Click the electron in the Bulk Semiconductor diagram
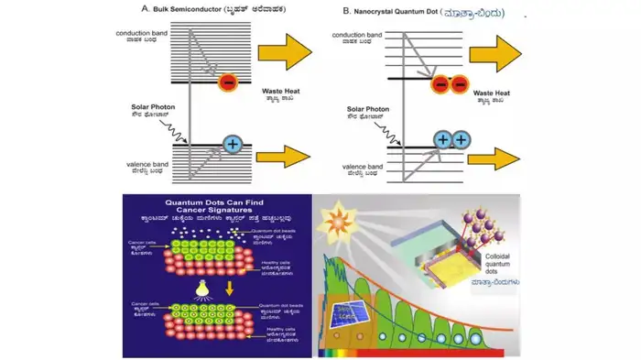[x=226, y=83]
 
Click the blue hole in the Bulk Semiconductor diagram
[x=233, y=144]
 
